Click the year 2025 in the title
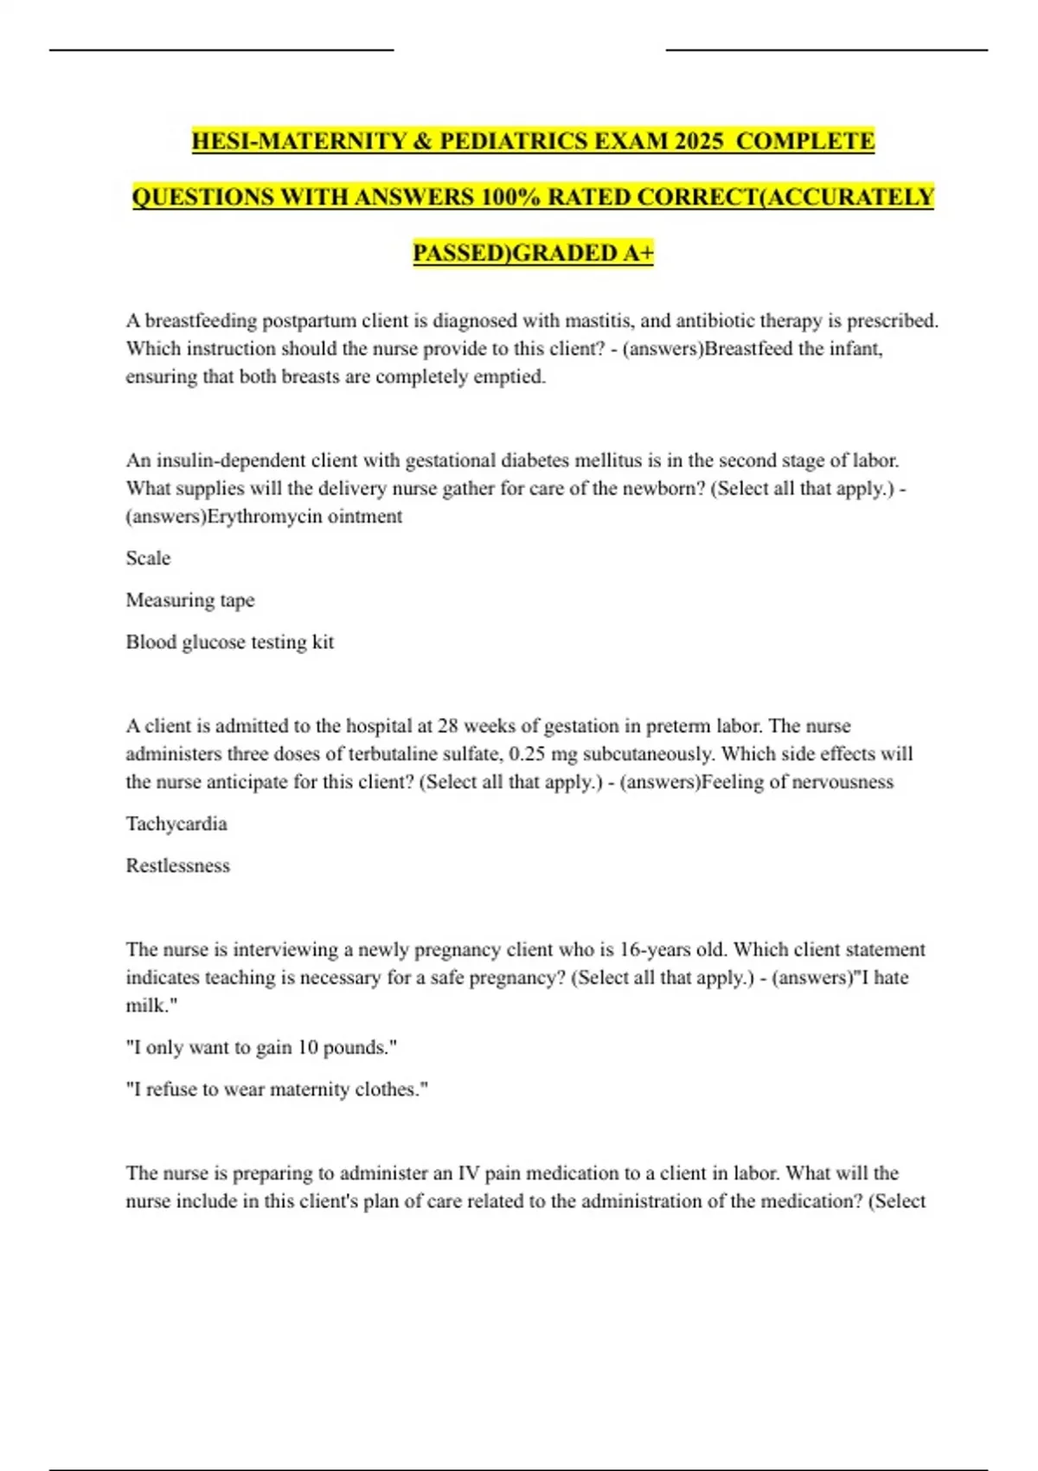(698, 141)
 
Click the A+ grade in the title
(638, 253)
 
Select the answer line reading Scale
(148, 558)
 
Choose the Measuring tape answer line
(190, 600)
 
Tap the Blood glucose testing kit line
(229, 642)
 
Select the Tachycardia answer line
(176, 824)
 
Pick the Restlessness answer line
(178, 865)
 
